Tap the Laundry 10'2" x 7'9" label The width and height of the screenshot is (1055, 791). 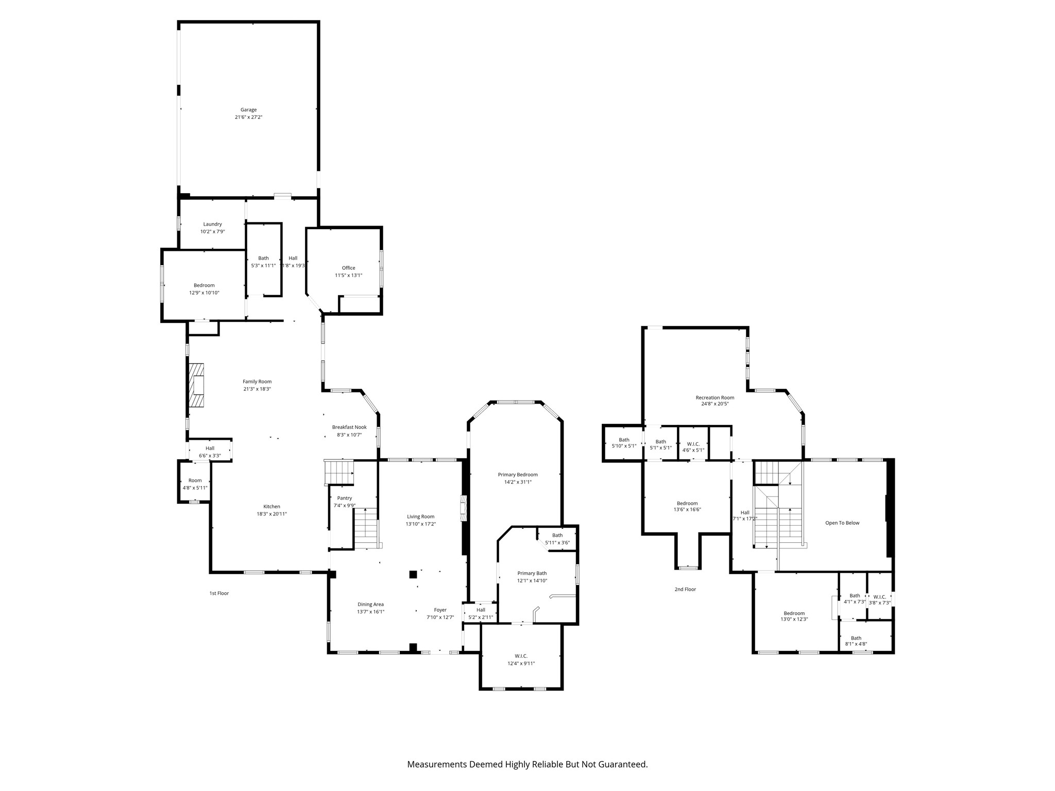pos(212,228)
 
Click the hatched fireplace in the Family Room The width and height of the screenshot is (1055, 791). pos(196,385)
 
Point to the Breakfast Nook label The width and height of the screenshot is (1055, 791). pos(349,427)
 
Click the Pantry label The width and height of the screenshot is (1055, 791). pos(344,498)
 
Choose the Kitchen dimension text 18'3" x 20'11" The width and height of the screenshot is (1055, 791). pos(271,514)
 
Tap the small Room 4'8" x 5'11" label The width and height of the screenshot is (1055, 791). pos(195,484)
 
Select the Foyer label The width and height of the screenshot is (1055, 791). pos(440,610)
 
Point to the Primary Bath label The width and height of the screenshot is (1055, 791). pos(532,573)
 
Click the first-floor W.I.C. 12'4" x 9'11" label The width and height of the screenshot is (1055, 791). pos(521,660)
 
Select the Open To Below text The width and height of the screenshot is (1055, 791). pos(842,523)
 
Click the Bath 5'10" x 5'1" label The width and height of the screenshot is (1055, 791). pos(624,443)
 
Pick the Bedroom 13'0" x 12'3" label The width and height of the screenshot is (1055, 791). pos(794,616)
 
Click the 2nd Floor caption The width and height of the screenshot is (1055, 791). pos(685,589)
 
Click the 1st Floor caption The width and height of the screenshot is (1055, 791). pos(219,593)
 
